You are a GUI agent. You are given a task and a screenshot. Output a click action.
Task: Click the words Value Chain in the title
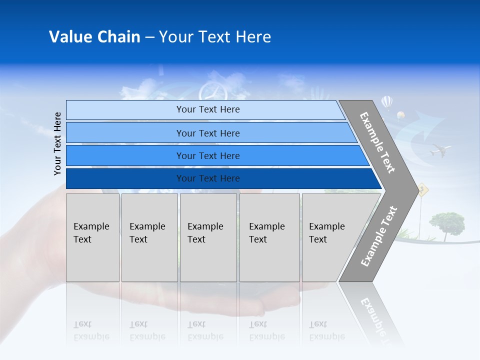point(94,37)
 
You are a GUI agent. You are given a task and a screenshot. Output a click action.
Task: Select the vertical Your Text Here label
point(57,143)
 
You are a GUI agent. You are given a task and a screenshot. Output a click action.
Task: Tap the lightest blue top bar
point(207,109)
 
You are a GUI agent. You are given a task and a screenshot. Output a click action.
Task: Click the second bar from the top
point(207,133)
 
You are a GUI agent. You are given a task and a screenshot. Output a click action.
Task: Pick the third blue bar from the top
point(207,155)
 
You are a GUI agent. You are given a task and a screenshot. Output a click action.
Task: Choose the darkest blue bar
point(207,178)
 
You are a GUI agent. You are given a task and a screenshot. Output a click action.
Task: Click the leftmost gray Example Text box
point(92,237)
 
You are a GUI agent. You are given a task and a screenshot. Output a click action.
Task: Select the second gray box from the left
point(149,237)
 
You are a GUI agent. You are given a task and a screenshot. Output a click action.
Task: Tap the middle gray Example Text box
point(208,237)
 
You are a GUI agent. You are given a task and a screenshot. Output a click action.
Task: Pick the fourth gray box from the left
point(269,237)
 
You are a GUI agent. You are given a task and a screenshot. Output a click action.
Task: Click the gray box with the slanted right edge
point(332,237)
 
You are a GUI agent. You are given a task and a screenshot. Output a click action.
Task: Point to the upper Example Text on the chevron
point(377,142)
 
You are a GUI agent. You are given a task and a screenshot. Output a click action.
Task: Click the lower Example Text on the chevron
point(378,236)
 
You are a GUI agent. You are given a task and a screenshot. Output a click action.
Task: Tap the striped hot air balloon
point(387,102)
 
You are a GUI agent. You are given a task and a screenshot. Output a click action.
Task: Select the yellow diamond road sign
point(423,188)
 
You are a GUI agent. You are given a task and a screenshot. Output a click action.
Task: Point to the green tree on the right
point(446,222)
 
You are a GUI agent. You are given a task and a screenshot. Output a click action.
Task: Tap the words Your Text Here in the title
point(215,37)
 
